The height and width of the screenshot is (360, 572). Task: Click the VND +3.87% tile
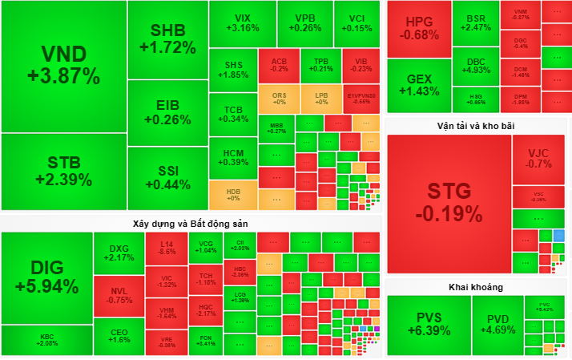[x=63, y=66]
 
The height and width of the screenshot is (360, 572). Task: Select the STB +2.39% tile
[x=63, y=171]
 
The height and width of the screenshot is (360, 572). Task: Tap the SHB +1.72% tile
[x=167, y=39]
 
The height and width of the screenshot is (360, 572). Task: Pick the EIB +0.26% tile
[x=167, y=113]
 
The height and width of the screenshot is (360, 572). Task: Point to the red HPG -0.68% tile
[x=417, y=29]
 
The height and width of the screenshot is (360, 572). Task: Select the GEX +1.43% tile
[x=417, y=84]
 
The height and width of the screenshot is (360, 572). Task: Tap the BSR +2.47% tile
[x=475, y=22]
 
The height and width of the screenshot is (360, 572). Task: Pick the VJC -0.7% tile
[x=538, y=158]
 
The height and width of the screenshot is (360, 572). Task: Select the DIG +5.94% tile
[x=46, y=277]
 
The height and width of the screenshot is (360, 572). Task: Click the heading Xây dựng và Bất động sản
[x=191, y=222]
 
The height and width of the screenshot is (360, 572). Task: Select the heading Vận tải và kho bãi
[x=477, y=126]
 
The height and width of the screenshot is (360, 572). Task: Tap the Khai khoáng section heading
[x=477, y=286]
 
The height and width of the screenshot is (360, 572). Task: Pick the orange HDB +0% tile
[x=233, y=195]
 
